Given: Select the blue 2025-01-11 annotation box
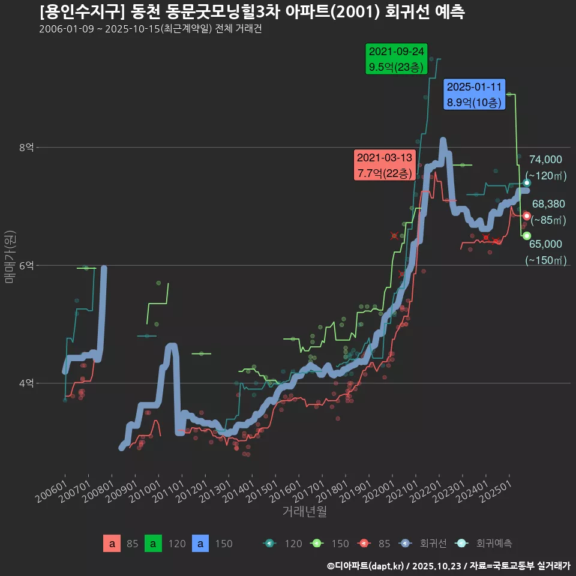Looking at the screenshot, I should click(474, 95).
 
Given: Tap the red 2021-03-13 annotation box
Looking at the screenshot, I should click(385, 166).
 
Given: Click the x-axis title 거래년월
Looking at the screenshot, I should click(304, 512).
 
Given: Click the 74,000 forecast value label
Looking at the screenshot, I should click(545, 160).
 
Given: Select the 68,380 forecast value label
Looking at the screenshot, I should click(548, 205).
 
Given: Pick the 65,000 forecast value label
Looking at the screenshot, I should click(545, 244).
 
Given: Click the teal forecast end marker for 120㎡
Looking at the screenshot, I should click(527, 183).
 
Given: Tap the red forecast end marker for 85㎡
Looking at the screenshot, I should click(526, 216).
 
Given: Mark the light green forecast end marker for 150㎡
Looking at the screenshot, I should click(526, 236).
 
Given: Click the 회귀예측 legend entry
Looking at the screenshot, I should click(493, 544).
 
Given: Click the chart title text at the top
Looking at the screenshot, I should click(252, 12).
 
